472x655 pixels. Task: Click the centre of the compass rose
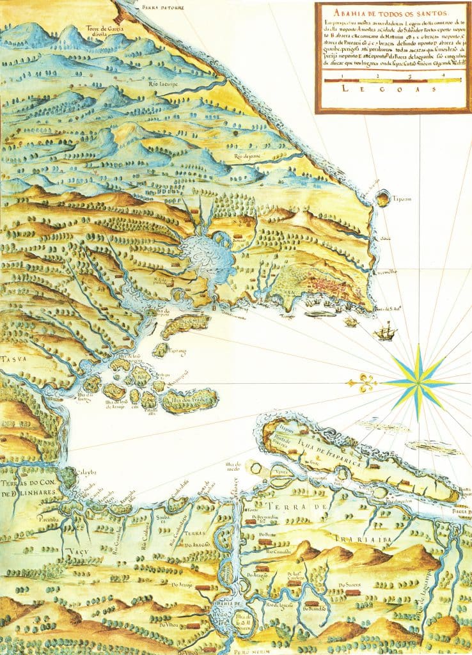(418, 383)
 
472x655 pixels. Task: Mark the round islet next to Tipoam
(382, 199)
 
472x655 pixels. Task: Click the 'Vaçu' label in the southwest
(75, 550)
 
